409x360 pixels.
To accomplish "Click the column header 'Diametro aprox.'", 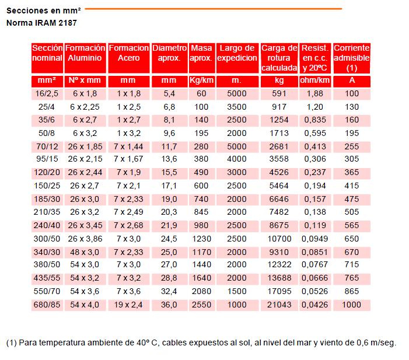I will pyautogui.click(x=169, y=53).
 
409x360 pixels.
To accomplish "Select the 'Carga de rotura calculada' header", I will pyautogui.click(x=279, y=58).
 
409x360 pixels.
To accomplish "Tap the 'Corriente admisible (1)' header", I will pyautogui.click(x=352, y=58).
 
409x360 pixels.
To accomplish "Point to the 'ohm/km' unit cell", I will pyautogui.click(x=315, y=81).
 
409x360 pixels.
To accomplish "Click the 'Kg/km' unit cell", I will pyautogui.click(x=201, y=81).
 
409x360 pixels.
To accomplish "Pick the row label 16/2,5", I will pyautogui.click(x=47, y=93).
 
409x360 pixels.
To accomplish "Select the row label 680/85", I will pyautogui.click(x=47, y=305).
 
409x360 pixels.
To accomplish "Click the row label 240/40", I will pyautogui.click(x=47, y=225).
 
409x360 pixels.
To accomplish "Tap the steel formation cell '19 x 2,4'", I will pyautogui.click(x=128, y=305).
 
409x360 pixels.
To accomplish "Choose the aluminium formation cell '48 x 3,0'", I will pyautogui.click(x=85, y=252).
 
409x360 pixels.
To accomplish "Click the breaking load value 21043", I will pyautogui.click(x=279, y=305).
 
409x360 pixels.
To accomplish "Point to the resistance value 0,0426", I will pyautogui.click(x=315, y=305).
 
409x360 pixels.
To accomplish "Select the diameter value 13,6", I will pyautogui.click(x=169, y=159).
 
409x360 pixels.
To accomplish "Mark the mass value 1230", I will pyautogui.click(x=201, y=239).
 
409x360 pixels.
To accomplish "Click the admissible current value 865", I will pyautogui.click(x=352, y=292).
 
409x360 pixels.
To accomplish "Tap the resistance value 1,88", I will pyautogui.click(x=315, y=93).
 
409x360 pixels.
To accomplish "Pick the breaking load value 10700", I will pyautogui.click(x=279, y=239).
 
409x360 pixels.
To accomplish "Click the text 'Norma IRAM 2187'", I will pyautogui.click(x=41, y=23).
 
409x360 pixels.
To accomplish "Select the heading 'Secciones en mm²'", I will pyautogui.click(x=44, y=10).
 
